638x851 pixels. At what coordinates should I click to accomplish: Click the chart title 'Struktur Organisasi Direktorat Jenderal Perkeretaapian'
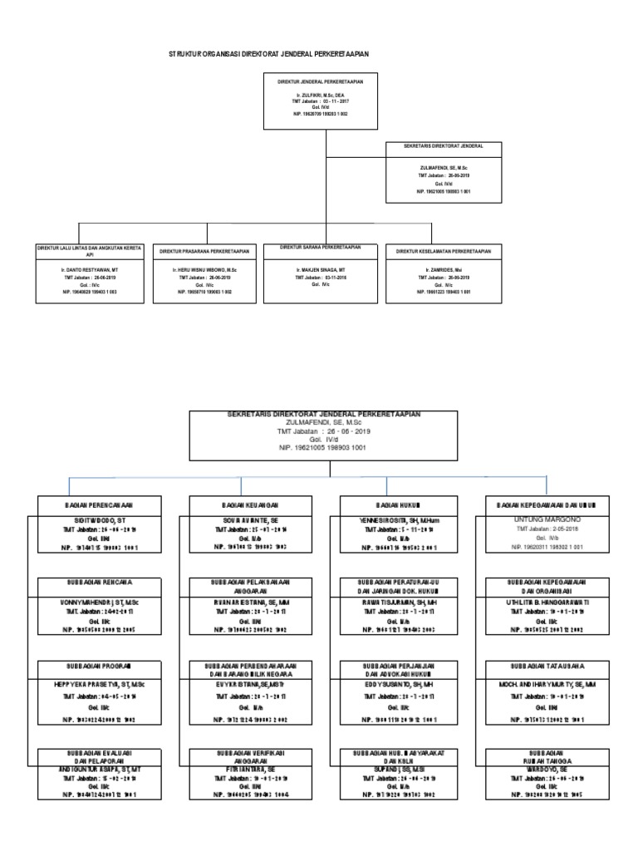(268, 53)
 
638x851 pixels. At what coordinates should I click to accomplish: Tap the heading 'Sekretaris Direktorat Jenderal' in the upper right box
(443, 145)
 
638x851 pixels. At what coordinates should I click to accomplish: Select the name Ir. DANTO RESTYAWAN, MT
(88, 271)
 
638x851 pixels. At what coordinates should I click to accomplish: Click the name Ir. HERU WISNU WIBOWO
(204, 271)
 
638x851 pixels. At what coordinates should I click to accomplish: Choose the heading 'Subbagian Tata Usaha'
(546, 667)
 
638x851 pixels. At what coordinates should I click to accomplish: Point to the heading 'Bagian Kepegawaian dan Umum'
(546, 504)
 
